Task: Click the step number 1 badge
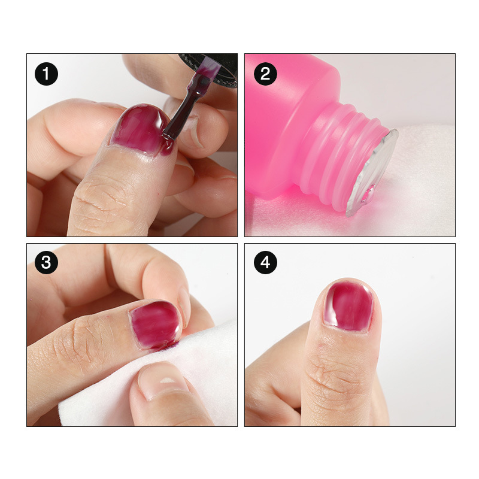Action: pyautogui.click(x=46, y=74)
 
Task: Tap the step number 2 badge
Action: pyautogui.click(x=265, y=74)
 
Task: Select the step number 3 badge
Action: pyautogui.click(x=46, y=262)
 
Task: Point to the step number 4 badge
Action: pyautogui.click(x=265, y=262)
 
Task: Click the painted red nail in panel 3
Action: pyautogui.click(x=156, y=325)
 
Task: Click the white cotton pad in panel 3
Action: pyautogui.click(x=171, y=379)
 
